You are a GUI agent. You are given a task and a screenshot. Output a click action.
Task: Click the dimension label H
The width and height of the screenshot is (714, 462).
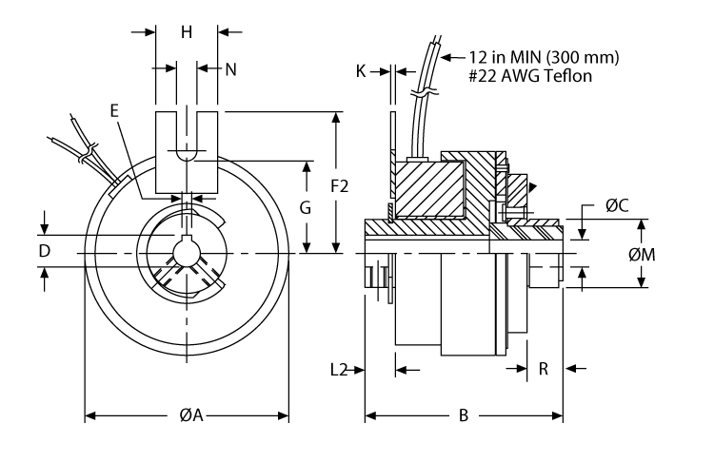(x=187, y=32)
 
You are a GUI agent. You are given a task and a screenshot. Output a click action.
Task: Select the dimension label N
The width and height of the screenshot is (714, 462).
(x=230, y=68)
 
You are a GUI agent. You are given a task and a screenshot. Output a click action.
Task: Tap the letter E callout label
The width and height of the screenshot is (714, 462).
(x=114, y=110)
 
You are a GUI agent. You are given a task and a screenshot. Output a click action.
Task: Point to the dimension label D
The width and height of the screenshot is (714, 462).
(x=44, y=251)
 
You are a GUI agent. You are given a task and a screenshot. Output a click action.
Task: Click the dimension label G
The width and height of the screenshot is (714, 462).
(x=307, y=206)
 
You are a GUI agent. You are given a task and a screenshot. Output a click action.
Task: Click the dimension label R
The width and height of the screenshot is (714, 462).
(x=543, y=369)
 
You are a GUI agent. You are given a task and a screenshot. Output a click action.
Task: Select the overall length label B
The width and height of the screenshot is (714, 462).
(x=464, y=415)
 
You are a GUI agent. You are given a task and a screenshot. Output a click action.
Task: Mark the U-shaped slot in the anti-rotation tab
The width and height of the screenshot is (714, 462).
(x=187, y=143)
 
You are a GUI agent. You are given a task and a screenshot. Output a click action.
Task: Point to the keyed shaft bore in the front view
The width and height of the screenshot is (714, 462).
(x=187, y=255)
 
